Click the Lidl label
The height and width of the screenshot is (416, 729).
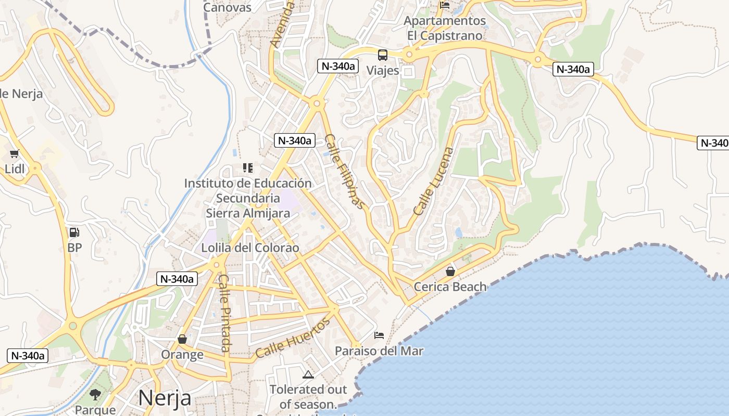tap(15, 168)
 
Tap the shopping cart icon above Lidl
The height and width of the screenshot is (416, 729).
tap(15, 154)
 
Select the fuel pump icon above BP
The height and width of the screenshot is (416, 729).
tap(74, 232)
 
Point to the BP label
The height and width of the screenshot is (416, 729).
tap(74, 248)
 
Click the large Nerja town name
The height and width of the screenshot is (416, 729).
tap(165, 398)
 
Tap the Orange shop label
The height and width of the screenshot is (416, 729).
tap(182, 355)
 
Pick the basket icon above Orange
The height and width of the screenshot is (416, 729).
tap(182, 340)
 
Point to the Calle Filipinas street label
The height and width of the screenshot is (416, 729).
tap(345, 171)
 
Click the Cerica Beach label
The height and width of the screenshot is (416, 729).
tap(450, 287)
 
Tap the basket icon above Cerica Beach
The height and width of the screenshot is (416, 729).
tap(450, 271)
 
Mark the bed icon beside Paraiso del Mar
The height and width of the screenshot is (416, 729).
tap(379, 336)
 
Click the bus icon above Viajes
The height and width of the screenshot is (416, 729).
tap(383, 55)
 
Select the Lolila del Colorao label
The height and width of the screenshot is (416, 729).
tap(250, 248)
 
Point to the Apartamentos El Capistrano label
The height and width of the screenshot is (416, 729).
tap(445, 29)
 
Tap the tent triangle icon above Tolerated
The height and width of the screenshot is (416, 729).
tap(308, 374)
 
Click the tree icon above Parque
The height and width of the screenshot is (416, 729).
tap(95, 395)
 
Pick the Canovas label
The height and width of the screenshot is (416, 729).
tap(227, 7)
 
